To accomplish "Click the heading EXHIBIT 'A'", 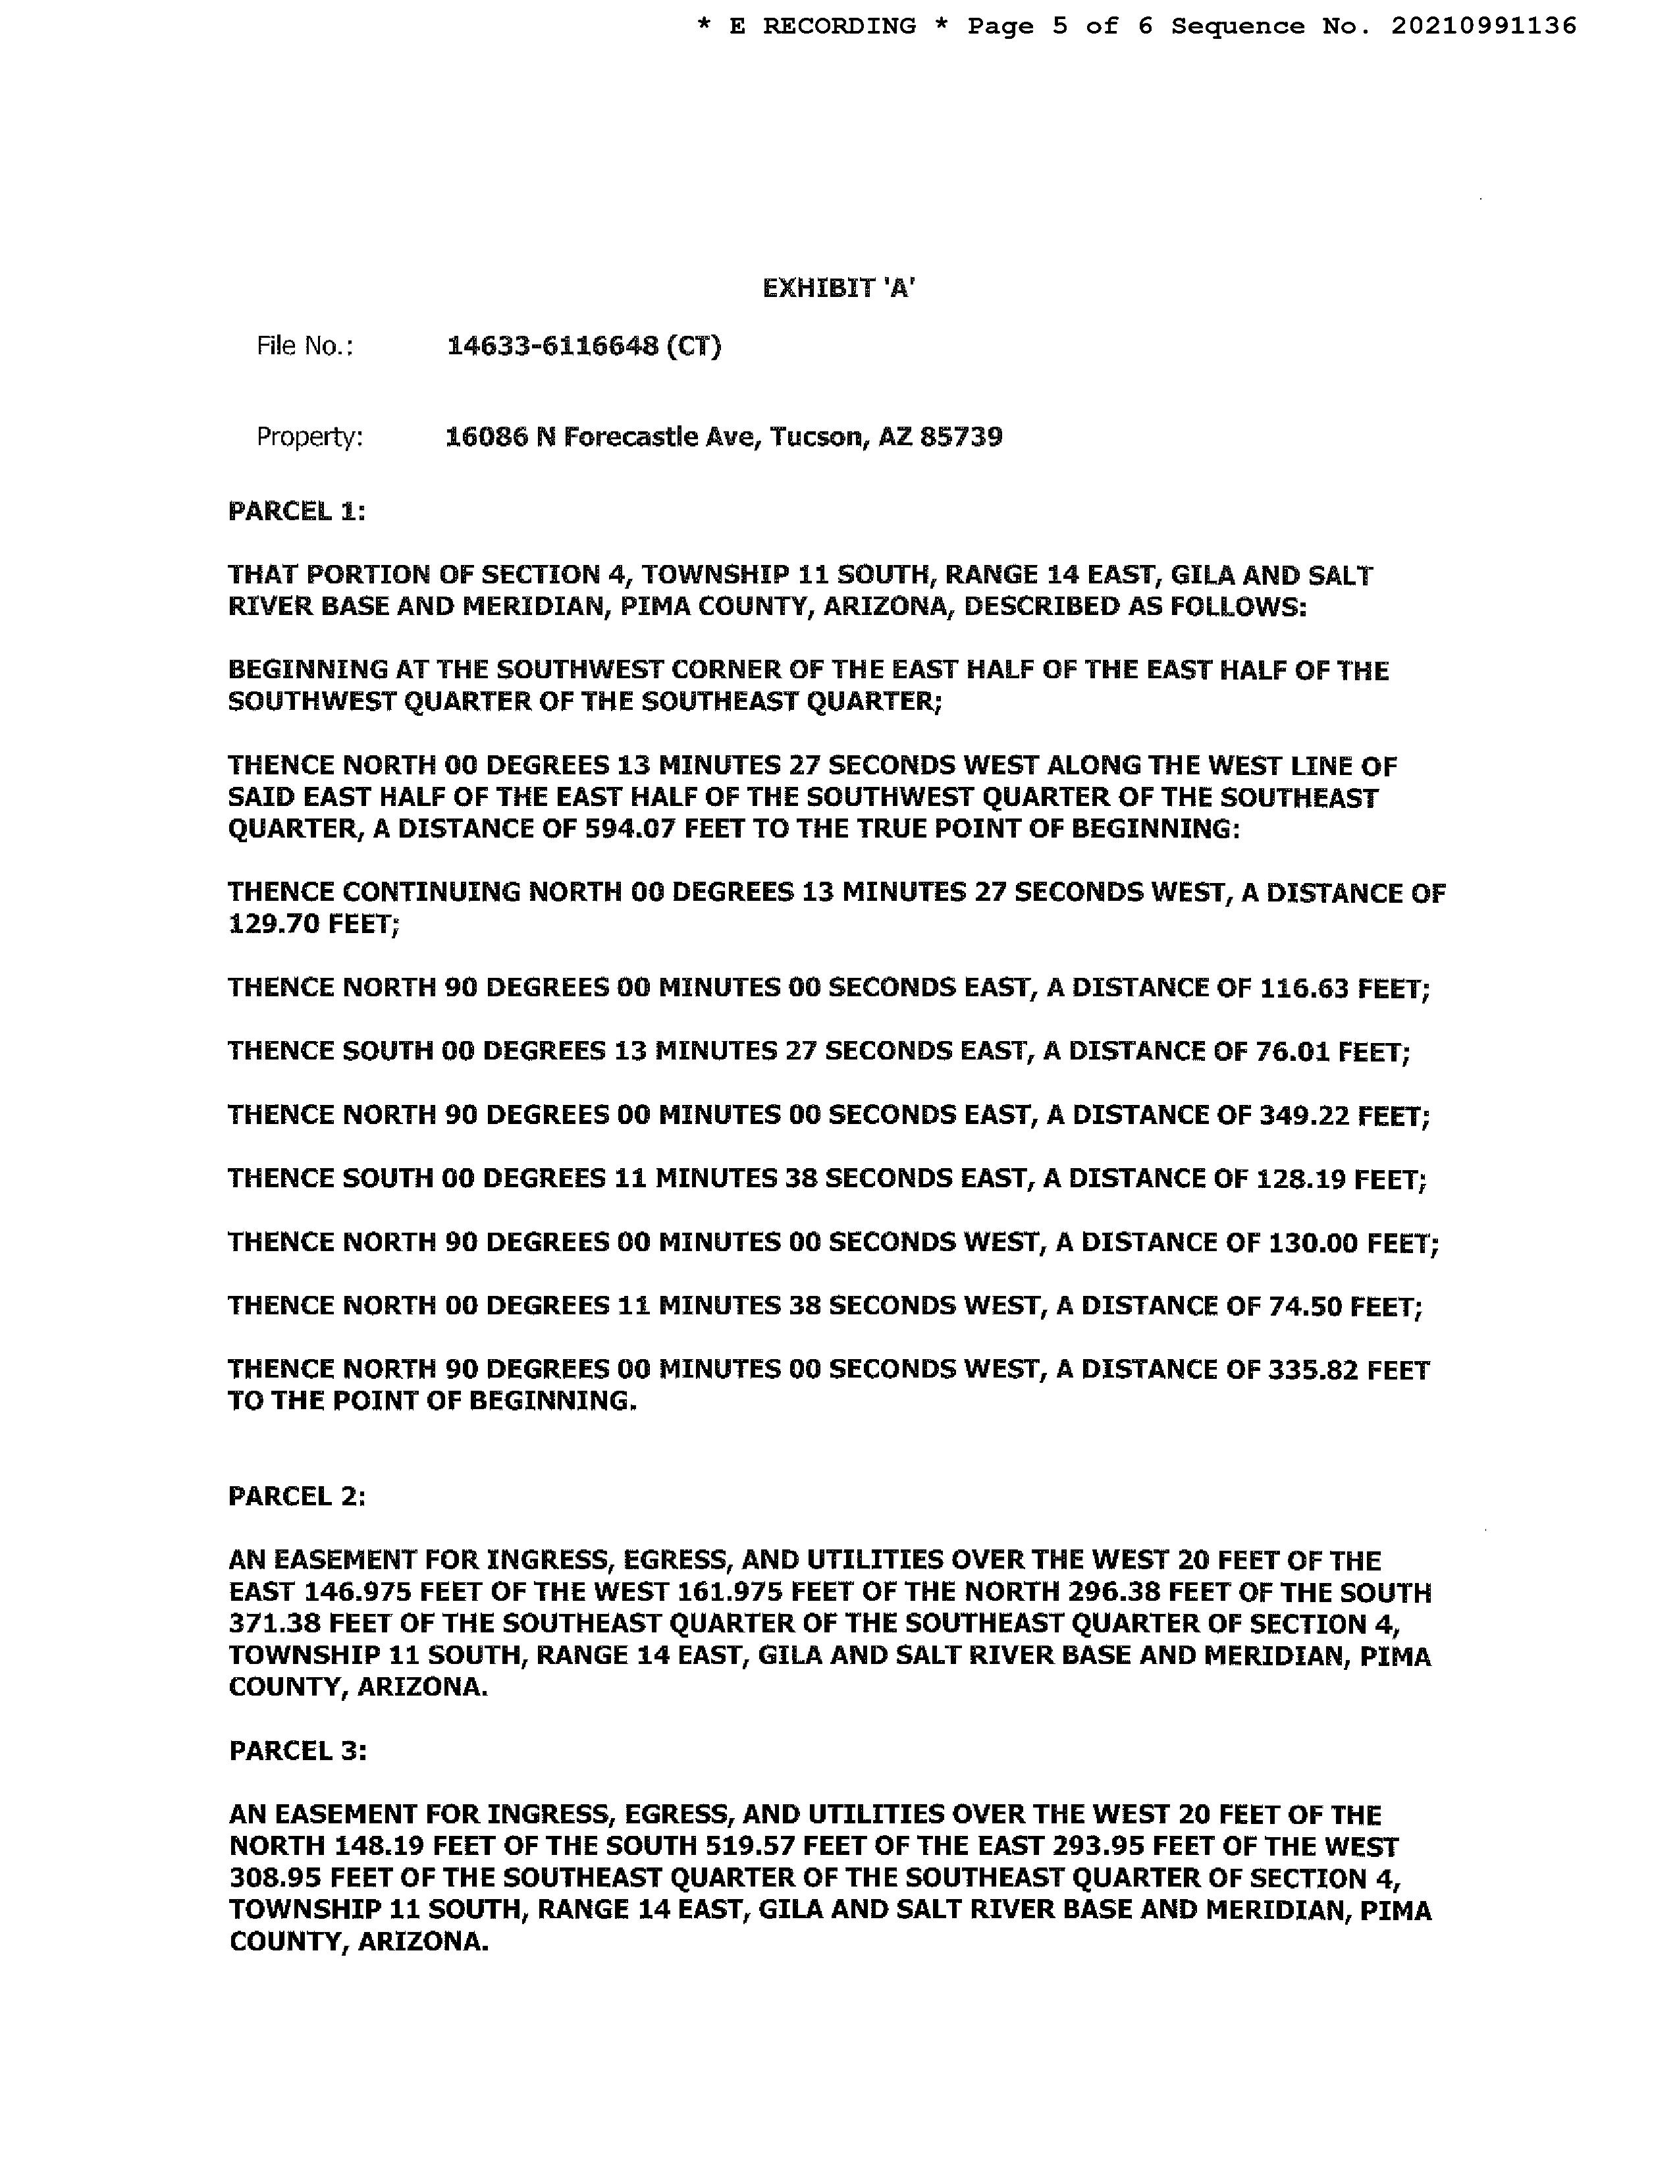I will pos(838,288).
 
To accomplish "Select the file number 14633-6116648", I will pos(552,346).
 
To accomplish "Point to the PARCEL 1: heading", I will pos(296,512).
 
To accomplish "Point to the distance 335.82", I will pos(1313,1371).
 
